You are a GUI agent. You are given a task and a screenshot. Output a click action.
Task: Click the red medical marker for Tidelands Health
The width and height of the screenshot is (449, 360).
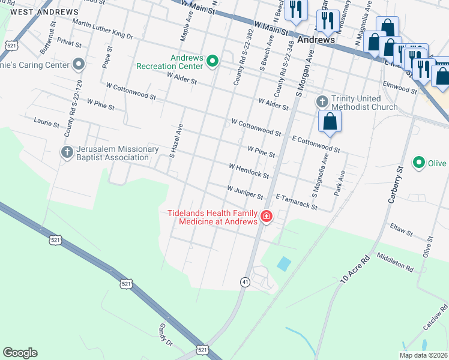(x=265, y=217)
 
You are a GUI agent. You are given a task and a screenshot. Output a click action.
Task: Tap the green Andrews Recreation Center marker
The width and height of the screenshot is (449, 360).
(x=212, y=61)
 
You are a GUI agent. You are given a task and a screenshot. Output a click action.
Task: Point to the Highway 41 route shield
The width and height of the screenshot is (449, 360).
(x=245, y=281)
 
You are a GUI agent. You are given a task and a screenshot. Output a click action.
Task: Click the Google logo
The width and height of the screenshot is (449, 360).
(x=20, y=353)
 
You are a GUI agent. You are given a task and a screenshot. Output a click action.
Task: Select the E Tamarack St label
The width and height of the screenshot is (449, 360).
(x=296, y=201)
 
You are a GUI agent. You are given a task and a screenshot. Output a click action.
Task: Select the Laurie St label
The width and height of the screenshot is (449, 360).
(x=47, y=123)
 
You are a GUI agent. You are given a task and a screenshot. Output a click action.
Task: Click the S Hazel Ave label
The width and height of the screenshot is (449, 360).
(x=175, y=142)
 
